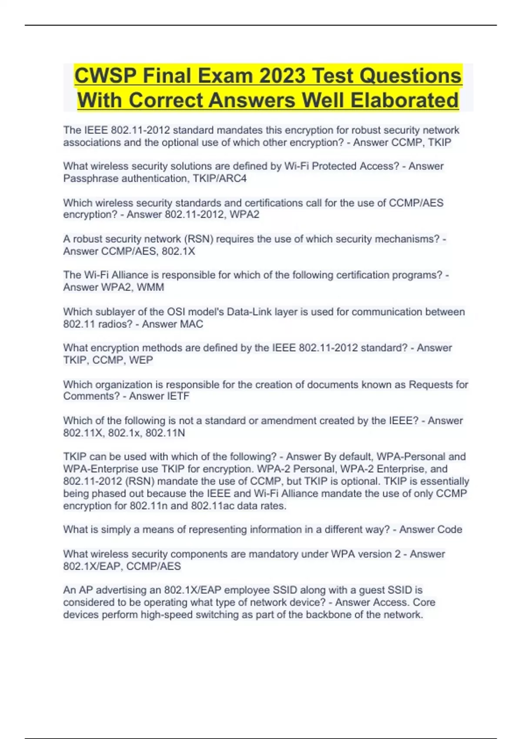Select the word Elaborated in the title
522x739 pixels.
(x=405, y=100)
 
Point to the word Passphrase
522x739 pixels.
(x=90, y=179)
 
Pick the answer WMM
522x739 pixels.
(x=151, y=287)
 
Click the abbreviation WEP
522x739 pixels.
(x=141, y=360)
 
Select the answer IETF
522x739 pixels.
(x=177, y=396)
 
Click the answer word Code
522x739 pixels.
(x=450, y=529)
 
